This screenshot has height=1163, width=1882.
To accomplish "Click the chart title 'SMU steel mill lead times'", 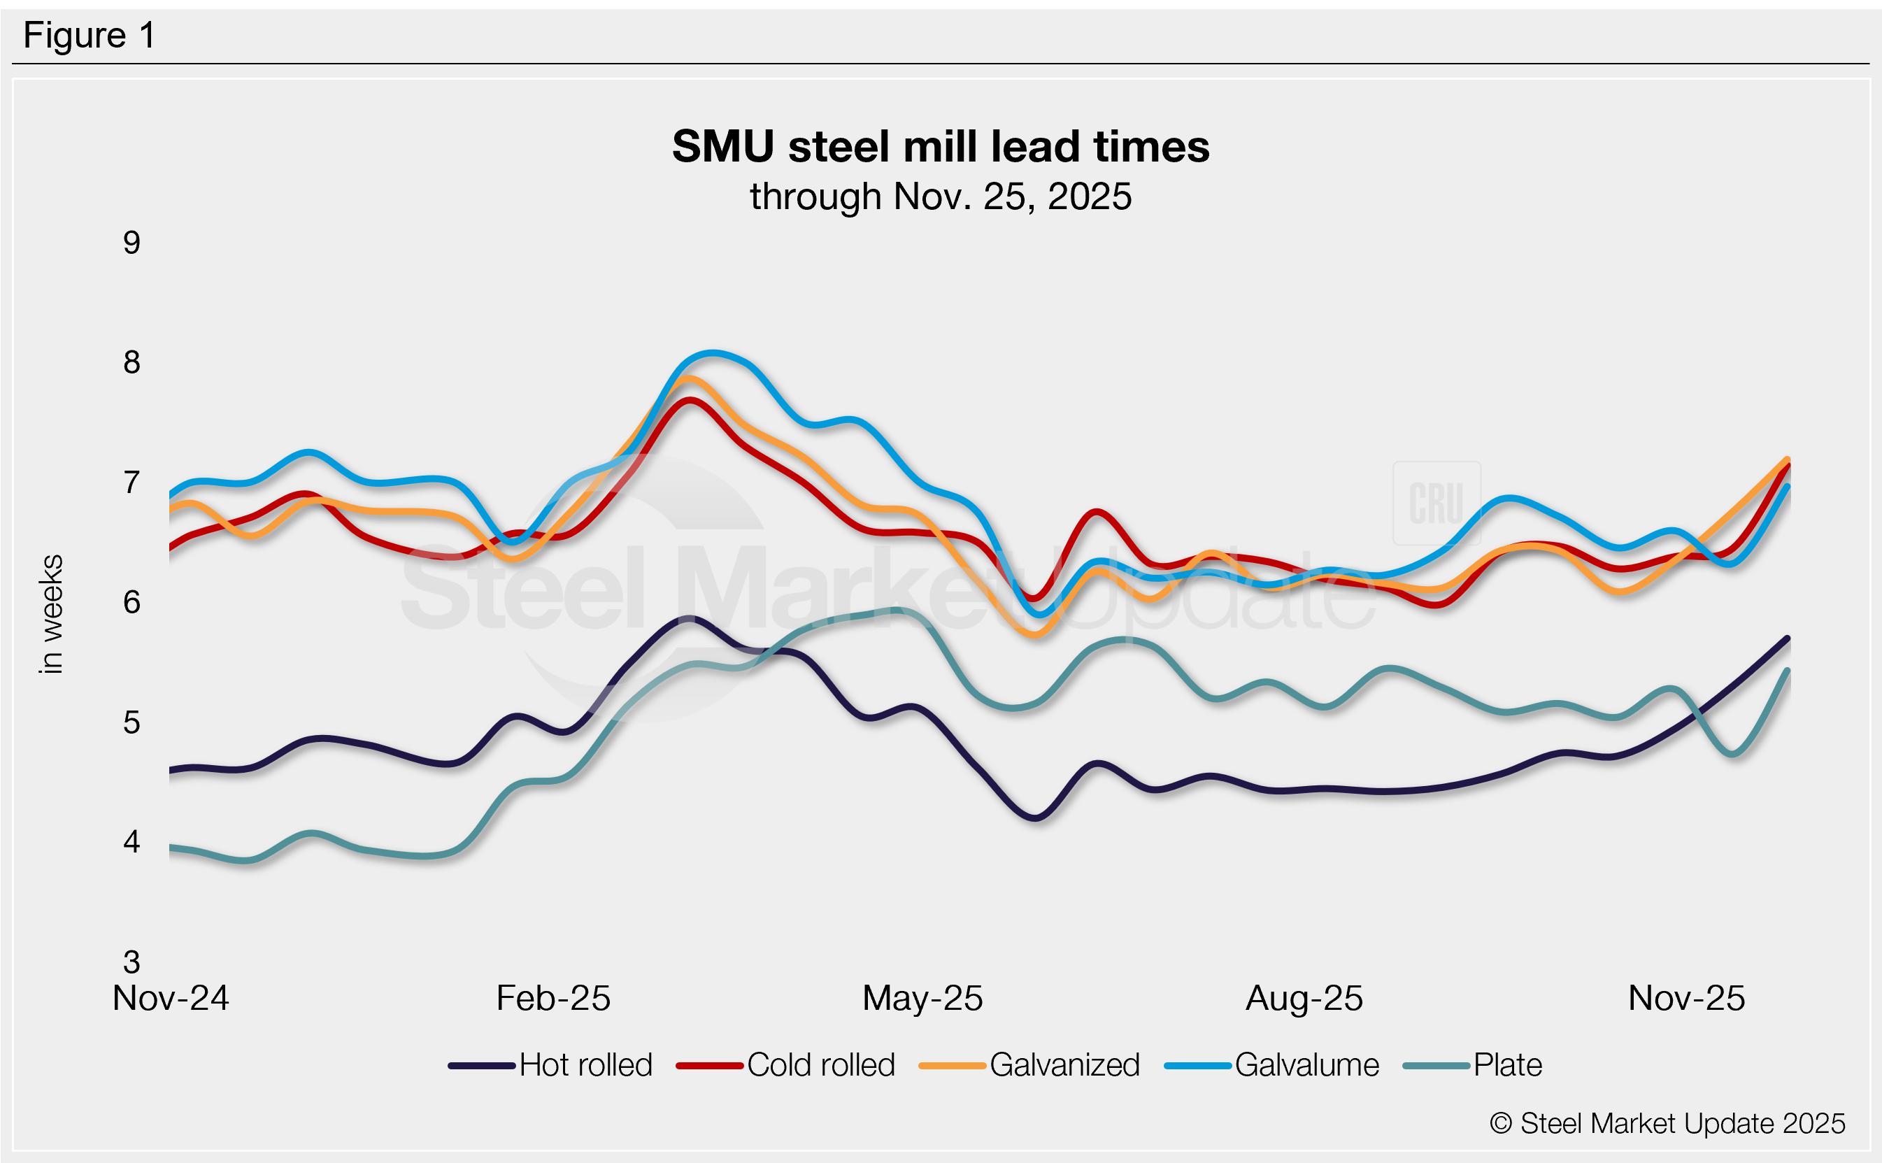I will pyautogui.click(x=940, y=146).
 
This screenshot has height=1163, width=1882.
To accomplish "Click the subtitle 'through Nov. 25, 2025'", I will pyautogui.click(x=940, y=197).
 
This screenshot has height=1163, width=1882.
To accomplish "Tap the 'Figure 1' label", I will pyautogui.click(x=90, y=36).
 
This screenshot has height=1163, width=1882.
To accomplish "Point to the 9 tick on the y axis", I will pyautogui.click(x=131, y=243).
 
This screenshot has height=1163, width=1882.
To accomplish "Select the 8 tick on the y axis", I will pyautogui.click(x=131, y=362).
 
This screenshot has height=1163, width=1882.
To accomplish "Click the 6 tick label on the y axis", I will pyautogui.click(x=131, y=602).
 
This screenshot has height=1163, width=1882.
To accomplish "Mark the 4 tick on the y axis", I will pyautogui.click(x=131, y=842).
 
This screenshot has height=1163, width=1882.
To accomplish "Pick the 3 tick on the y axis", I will pyautogui.click(x=131, y=962).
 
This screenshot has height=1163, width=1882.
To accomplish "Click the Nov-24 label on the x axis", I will pyautogui.click(x=171, y=999).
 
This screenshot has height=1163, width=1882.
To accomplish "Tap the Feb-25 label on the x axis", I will pyautogui.click(x=553, y=999).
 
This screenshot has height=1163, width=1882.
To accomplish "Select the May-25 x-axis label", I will pyautogui.click(x=922, y=999).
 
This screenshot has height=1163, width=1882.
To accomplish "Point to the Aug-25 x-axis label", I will pyautogui.click(x=1304, y=999).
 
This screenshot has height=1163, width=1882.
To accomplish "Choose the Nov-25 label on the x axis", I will pyautogui.click(x=1686, y=999).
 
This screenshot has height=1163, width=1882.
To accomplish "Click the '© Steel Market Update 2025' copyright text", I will pyautogui.click(x=1667, y=1124).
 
